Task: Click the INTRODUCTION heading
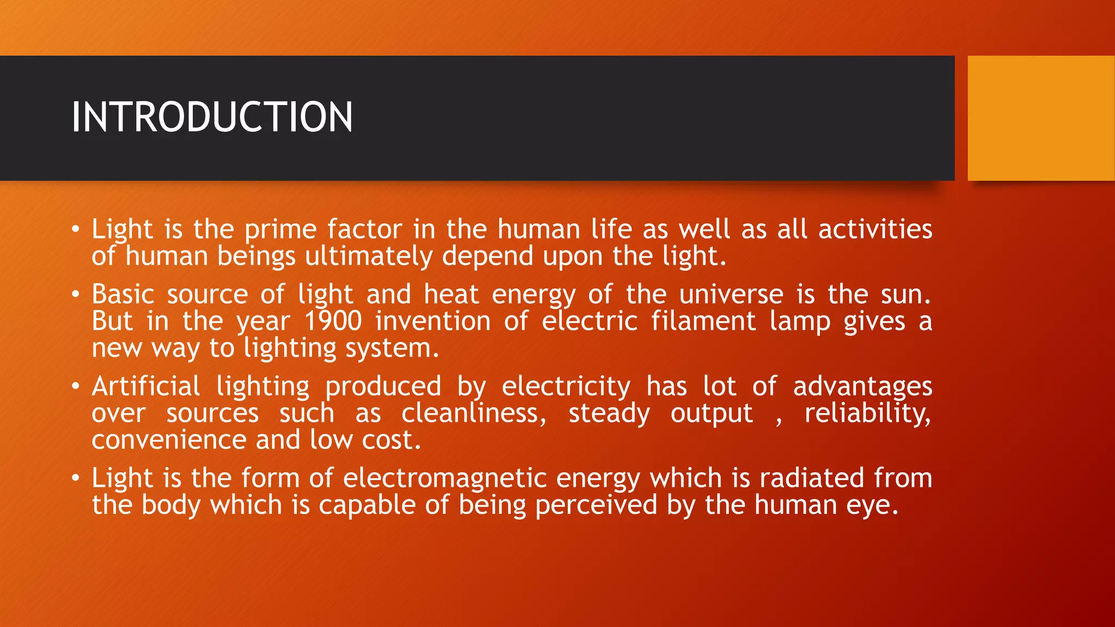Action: tap(212, 117)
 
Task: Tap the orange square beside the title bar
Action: tap(1041, 118)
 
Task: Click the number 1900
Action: tap(333, 321)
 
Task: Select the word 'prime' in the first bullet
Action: tap(280, 230)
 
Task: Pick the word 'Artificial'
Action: tap(146, 386)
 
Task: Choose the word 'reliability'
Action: tap(867, 413)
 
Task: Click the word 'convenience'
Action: tap(169, 440)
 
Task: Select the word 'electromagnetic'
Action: tap(445, 478)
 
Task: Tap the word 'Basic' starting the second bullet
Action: tap(123, 294)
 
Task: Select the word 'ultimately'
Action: tap(369, 256)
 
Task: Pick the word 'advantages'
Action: tap(862, 387)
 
